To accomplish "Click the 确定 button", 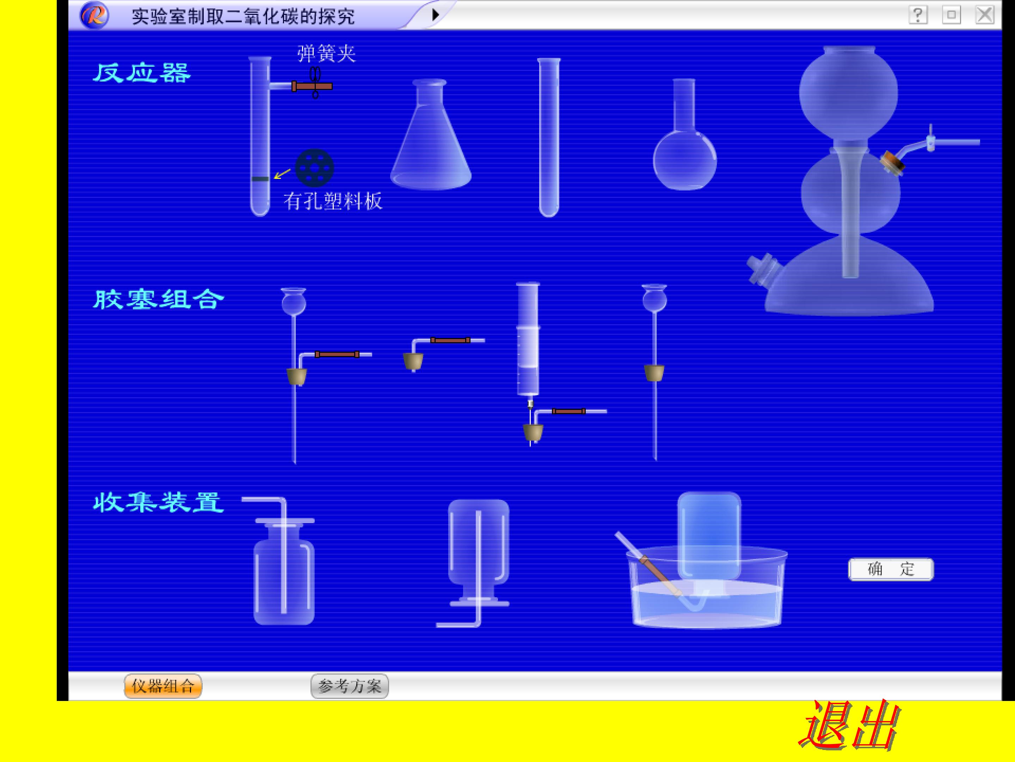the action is click(x=891, y=569).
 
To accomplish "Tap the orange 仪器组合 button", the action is click(x=163, y=686).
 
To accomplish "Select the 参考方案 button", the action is click(x=350, y=686).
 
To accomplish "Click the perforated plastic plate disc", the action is click(x=314, y=168).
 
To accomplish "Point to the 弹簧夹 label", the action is click(x=326, y=54).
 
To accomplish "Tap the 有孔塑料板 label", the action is click(x=333, y=201).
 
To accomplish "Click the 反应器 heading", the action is click(x=142, y=73).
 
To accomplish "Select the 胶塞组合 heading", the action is click(x=159, y=300).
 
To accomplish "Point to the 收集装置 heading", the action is click(x=159, y=503).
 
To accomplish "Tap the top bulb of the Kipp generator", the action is click(x=848, y=92).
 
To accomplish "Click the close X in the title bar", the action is click(x=985, y=15).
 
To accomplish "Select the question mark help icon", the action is click(x=918, y=15).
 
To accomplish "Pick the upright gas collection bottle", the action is click(x=284, y=572).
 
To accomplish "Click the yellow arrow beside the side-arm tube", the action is click(x=282, y=174).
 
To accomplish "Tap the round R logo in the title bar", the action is click(x=94, y=16).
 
